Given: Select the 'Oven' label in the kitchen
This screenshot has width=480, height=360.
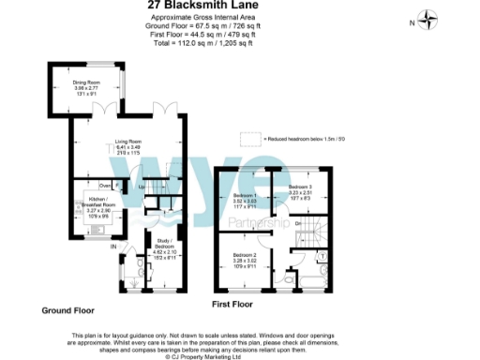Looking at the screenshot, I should pos(105,186).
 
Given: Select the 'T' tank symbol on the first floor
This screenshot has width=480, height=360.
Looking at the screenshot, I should pos(322,255).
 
